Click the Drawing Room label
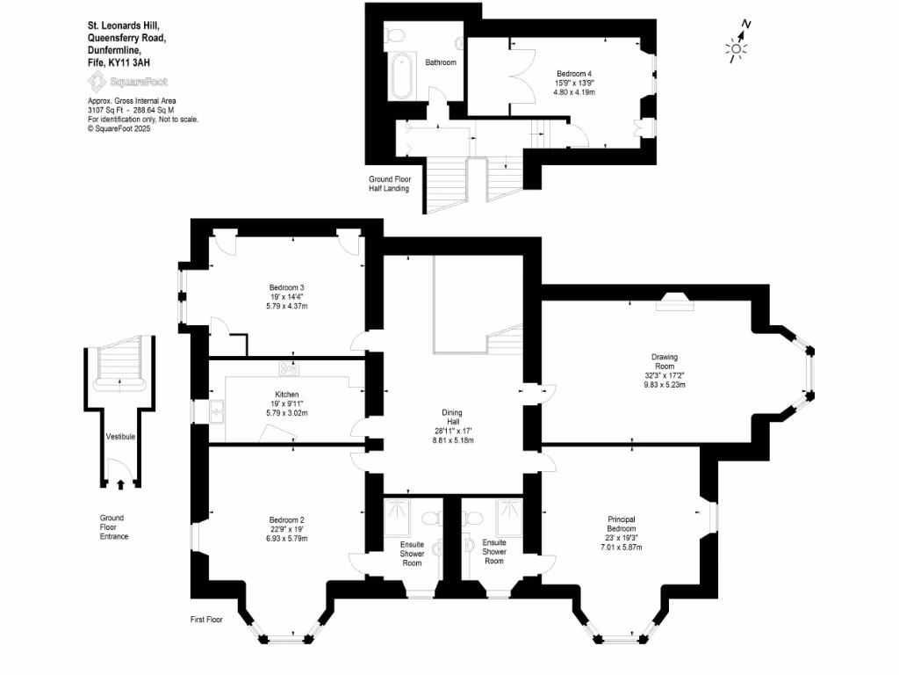(664, 362)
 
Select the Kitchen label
(286, 395)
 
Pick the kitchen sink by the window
(216, 410)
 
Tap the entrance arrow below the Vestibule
(119, 483)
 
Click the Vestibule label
(119, 436)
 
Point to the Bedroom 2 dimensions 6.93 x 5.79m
(287, 539)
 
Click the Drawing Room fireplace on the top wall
(675, 301)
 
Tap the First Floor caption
(207, 620)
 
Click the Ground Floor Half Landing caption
(389, 184)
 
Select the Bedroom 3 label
(286, 287)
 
